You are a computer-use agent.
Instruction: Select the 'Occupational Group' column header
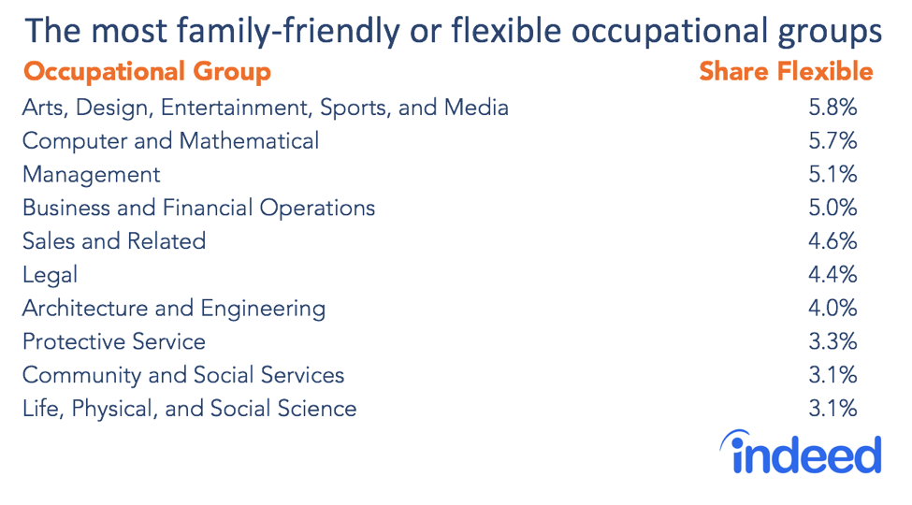(147, 72)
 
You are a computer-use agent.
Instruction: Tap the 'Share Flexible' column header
(786, 72)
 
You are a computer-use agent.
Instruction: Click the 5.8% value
(832, 108)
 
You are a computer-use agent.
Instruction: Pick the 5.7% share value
(832, 141)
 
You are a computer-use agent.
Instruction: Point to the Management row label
(91, 175)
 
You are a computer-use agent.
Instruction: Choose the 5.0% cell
(832, 208)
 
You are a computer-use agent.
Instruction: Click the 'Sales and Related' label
(113, 241)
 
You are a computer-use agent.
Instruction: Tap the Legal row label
(50, 275)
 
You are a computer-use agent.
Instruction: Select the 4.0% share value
(832, 309)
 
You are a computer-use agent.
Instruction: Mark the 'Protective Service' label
(113, 342)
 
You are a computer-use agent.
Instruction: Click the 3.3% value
(832, 342)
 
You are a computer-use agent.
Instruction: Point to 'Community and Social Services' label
(182, 376)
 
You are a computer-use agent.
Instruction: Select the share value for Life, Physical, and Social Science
(832, 409)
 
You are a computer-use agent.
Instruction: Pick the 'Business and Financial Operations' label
(198, 208)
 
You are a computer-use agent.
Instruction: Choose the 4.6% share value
(832, 241)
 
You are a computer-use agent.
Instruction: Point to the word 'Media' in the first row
(476, 108)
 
